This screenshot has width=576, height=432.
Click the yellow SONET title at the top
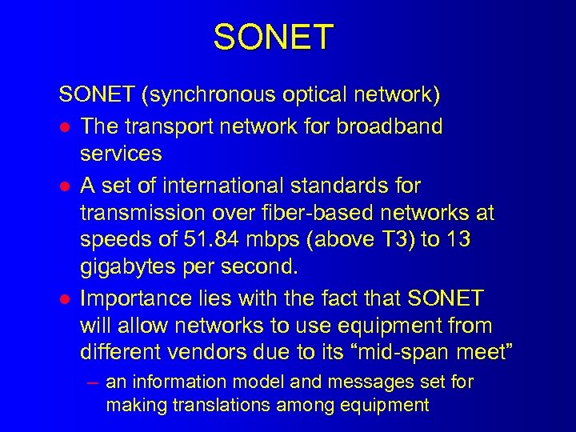point(273,38)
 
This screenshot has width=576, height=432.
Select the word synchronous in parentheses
point(208,96)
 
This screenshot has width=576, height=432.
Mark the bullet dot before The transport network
point(65,126)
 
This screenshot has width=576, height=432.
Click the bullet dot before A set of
point(65,185)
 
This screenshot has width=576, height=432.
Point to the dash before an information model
point(93,382)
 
